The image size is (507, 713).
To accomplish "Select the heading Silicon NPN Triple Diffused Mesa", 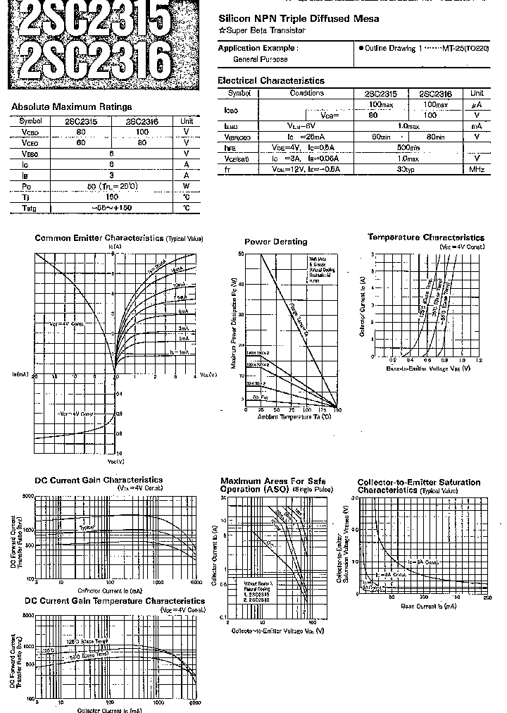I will coord(299,19).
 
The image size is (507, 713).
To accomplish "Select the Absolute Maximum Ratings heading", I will coord(71,107).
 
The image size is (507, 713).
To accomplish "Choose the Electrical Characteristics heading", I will coord(270,81).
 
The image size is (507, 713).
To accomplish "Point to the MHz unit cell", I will coord(477,169).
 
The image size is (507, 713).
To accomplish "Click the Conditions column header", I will coord(306,93).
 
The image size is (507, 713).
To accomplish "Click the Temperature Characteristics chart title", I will coord(425,237).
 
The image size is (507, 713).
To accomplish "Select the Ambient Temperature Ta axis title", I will coord(290,417).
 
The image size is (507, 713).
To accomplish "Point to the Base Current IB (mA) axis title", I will coord(428,606).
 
